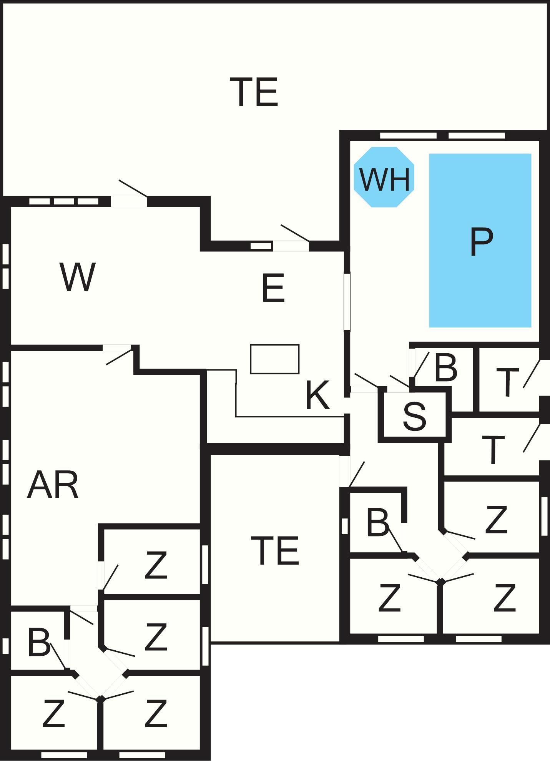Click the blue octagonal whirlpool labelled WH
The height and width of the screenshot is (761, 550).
(x=384, y=177)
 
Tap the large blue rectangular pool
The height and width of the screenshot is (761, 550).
(x=480, y=241)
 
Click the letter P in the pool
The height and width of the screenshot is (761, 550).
(x=481, y=241)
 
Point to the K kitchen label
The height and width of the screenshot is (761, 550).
(x=317, y=395)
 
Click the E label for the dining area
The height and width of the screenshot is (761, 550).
(x=273, y=288)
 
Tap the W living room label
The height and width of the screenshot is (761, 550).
(x=78, y=277)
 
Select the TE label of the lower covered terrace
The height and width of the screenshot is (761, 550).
(x=275, y=550)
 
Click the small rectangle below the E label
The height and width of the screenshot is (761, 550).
(x=275, y=359)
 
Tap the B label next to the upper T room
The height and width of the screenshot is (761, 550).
(x=446, y=368)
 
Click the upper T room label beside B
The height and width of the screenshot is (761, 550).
(x=508, y=382)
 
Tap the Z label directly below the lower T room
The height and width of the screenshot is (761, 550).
(x=496, y=520)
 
